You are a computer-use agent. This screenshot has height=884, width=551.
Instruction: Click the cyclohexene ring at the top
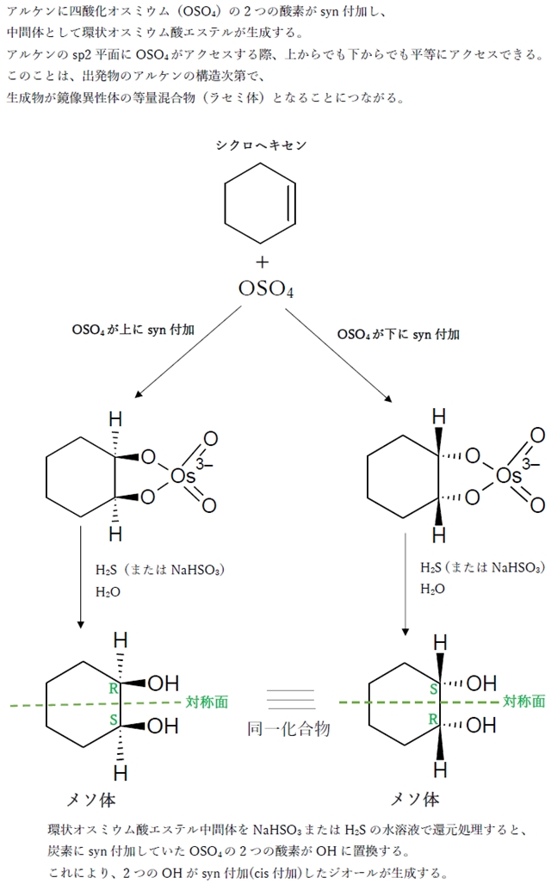pos(261,206)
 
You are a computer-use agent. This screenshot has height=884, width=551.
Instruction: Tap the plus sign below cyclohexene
pos(262,262)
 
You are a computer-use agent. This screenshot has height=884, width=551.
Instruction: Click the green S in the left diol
pos(113,719)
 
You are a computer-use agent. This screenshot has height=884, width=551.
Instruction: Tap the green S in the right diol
pos(434,689)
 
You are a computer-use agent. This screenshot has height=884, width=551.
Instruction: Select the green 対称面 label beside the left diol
pos(207,702)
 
